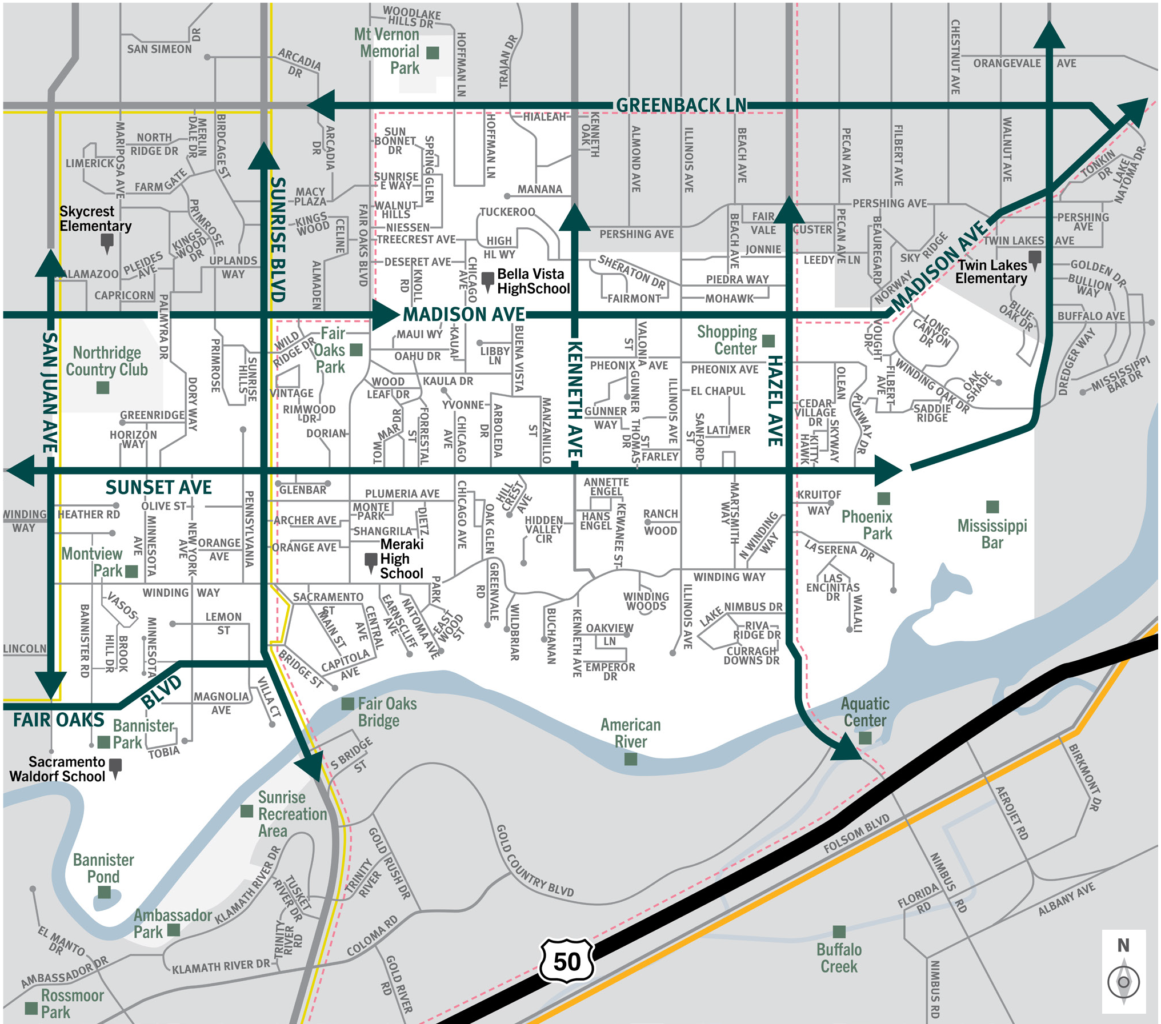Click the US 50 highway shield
click(566, 961)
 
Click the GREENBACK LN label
click(681, 105)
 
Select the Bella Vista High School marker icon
click(487, 280)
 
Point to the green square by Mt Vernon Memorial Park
click(433, 53)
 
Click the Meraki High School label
click(402, 559)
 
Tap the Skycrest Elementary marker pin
click(107, 242)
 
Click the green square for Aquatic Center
click(865, 738)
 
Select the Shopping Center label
click(727, 340)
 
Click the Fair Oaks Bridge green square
click(347, 704)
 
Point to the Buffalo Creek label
click(838, 958)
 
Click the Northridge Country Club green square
click(103, 388)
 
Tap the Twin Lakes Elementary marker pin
click(1034, 258)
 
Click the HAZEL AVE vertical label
click(775, 400)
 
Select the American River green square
click(631, 759)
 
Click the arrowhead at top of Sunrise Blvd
click(264, 156)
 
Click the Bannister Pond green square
click(104, 892)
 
